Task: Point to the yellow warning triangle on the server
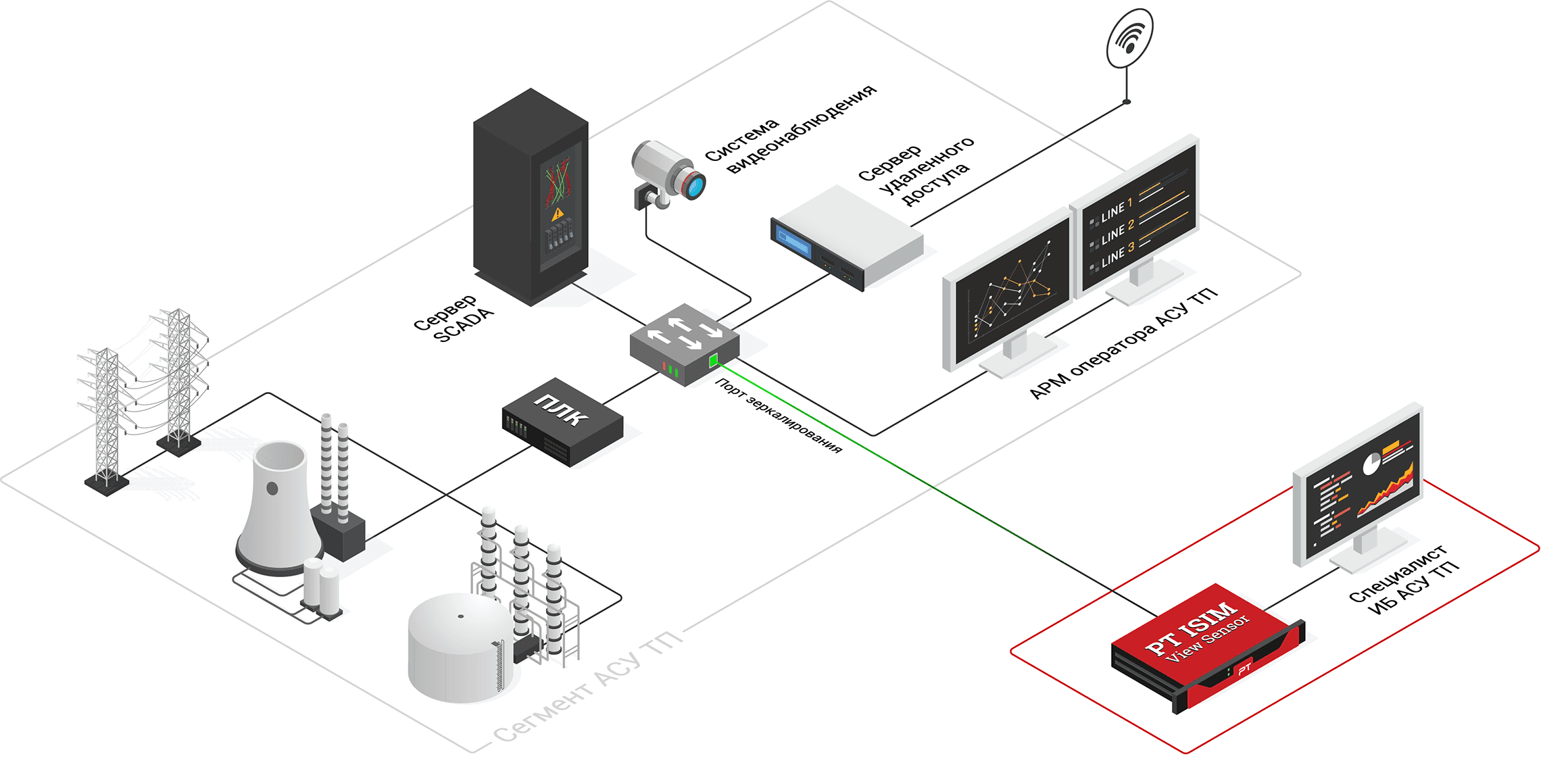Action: (557, 214)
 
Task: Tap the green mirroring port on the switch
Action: (713, 360)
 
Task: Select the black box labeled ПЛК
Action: (562, 421)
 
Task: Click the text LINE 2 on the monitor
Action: (1116, 232)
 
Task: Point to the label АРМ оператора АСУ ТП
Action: (1123, 344)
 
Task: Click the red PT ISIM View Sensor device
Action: (1206, 645)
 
